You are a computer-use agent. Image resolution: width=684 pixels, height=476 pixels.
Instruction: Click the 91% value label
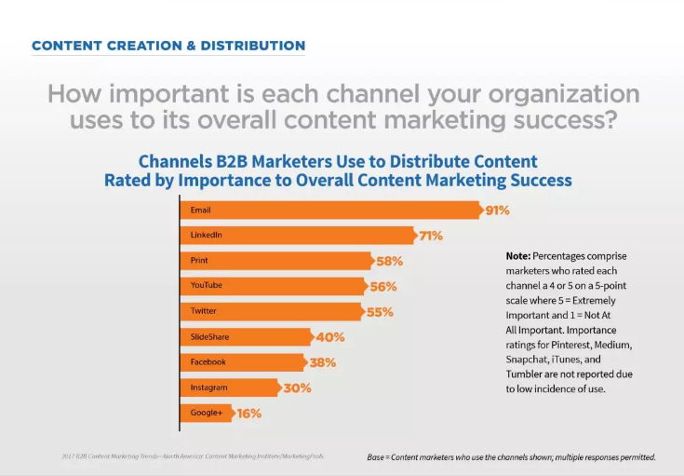[497, 211]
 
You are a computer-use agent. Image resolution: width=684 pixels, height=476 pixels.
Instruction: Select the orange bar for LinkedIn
[298, 236]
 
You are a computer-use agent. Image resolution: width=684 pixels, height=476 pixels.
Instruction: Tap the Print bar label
[200, 261]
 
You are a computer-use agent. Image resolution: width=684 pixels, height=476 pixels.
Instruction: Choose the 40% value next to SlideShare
[329, 337]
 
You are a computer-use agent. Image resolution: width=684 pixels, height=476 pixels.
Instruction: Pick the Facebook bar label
[208, 362]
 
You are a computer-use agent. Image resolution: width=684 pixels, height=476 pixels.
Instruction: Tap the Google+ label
[207, 413]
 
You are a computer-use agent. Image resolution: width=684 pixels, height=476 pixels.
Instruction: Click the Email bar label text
[201, 211]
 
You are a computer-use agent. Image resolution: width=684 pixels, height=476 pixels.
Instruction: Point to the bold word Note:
[517, 255]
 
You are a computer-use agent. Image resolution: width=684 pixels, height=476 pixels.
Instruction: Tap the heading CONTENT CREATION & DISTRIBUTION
[168, 46]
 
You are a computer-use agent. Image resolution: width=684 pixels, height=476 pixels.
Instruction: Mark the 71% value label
[430, 236]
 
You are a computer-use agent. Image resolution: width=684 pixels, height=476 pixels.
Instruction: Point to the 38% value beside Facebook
[323, 362]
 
